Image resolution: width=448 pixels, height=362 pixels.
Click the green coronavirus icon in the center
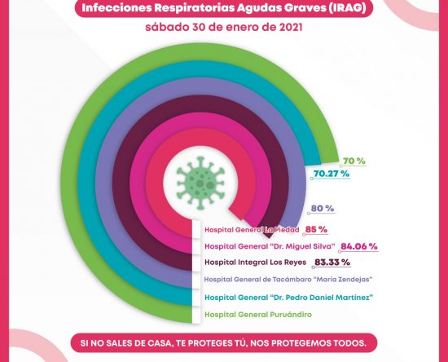[x=200, y=183]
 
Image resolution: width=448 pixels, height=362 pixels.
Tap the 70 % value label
[x=354, y=161]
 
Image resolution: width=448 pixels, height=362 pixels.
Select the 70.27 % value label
[x=332, y=174]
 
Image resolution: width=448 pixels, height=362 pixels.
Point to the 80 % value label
[x=323, y=209]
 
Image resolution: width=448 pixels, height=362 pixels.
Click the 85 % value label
[x=316, y=229]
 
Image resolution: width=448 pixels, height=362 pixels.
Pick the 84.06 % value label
[x=359, y=246]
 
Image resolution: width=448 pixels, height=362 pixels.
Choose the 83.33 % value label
[x=332, y=263]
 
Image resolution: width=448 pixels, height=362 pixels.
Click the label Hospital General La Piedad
[x=252, y=230]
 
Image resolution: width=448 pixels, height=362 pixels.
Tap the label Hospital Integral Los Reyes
[x=256, y=263]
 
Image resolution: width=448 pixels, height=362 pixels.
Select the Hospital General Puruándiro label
[x=258, y=315]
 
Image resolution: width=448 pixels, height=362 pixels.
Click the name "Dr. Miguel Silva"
[x=302, y=246]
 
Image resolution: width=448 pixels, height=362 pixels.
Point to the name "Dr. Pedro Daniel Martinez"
[x=322, y=298]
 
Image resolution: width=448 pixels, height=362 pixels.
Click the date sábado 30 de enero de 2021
[x=224, y=28]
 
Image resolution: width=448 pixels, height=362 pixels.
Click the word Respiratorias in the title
[x=195, y=8]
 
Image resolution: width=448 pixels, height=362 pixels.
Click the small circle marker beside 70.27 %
[x=312, y=179]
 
